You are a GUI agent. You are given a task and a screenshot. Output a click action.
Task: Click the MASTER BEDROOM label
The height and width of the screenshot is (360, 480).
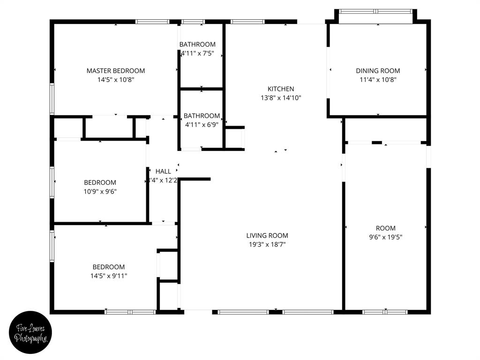click(116, 71)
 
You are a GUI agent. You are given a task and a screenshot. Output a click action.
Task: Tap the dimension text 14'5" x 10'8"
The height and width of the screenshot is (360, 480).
click(116, 80)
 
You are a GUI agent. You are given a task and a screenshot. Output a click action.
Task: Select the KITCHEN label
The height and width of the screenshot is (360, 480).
click(281, 89)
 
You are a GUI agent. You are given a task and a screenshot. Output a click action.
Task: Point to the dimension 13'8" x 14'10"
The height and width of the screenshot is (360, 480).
click(281, 98)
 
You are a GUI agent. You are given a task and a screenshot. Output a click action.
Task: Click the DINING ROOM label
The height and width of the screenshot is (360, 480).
click(378, 71)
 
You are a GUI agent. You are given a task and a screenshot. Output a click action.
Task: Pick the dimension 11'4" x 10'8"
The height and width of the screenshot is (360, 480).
click(378, 80)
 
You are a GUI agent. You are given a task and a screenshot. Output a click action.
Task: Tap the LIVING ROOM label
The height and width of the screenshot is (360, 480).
click(267, 235)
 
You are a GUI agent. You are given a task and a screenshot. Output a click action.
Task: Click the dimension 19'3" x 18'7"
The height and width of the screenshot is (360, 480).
click(267, 244)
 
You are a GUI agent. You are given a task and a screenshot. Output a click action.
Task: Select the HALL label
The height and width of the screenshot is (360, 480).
click(163, 172)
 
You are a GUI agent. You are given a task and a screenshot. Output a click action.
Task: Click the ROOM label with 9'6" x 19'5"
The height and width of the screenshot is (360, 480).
click(385, 228)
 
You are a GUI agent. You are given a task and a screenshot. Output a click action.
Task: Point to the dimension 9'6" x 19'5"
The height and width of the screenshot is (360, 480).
click(385, 237)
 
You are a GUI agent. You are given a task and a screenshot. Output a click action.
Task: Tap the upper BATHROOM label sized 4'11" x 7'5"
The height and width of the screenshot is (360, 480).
click(197, 45)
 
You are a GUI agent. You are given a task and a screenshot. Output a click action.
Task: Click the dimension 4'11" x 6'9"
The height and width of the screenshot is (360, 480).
click(202, 125)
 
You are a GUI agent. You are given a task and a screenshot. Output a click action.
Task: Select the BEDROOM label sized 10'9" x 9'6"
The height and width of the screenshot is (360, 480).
click(100, 182)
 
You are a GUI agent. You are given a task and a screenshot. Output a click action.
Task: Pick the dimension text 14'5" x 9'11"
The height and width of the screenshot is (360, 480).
click(109, 276)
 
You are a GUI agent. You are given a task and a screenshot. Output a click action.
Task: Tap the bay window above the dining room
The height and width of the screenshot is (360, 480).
click(375, 11)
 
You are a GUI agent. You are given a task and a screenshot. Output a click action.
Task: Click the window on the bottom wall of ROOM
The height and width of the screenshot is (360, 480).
click(385, 312)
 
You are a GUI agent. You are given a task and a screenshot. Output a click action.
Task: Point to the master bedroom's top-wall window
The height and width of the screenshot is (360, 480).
click(152, 22)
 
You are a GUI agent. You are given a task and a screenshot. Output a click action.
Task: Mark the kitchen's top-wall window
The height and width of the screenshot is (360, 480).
click(247, 22)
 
